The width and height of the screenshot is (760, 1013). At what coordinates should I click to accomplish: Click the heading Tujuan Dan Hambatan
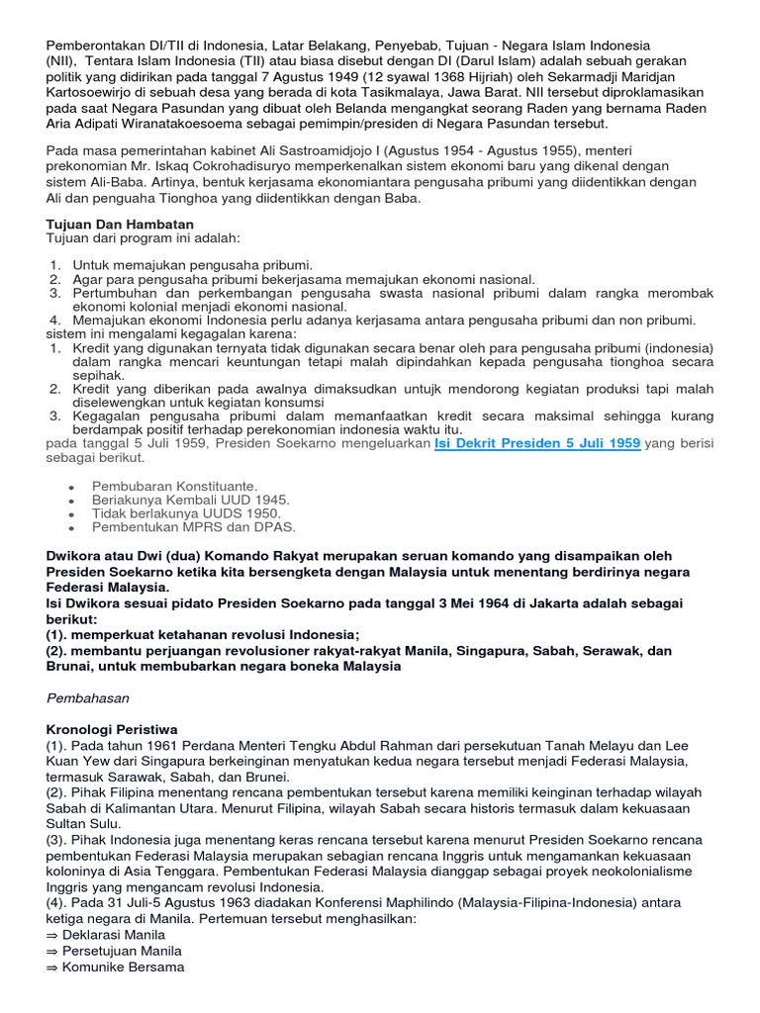pos(120,225)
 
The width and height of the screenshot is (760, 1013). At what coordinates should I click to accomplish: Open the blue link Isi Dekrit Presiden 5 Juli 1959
pos(536,444)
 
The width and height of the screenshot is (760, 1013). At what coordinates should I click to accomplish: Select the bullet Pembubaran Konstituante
pos(174,486)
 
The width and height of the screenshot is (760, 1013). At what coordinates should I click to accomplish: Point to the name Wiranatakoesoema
pos(210,124)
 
